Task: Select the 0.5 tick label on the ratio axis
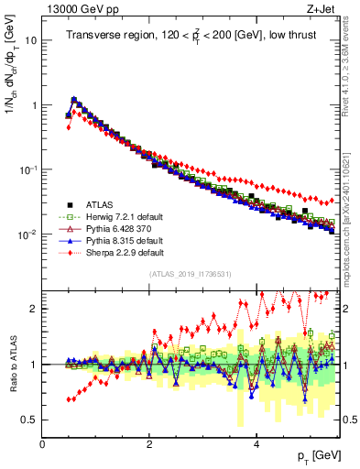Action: (x=29, y=420)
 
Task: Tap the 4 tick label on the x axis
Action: (x=256, y=444)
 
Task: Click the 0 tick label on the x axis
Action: (x=42, y=444)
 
